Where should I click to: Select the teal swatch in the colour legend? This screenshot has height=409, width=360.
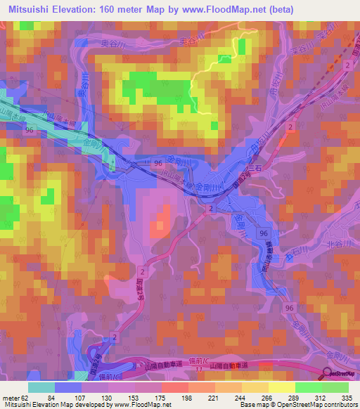pyautogui.click(x=41, y=387)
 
